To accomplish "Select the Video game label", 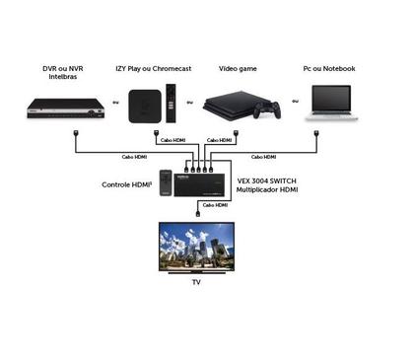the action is coord(238,68).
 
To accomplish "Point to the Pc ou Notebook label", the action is coord(328,68).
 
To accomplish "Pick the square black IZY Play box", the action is coord(146,103).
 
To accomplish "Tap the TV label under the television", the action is coord(197,282).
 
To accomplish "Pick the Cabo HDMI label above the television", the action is coord(214,205).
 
